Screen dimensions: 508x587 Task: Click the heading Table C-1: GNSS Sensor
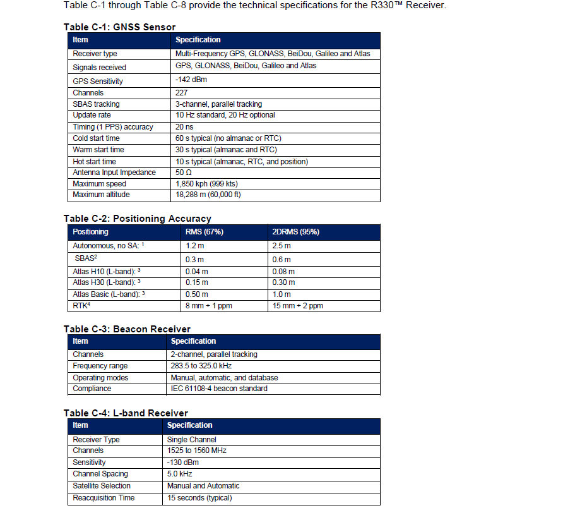[119, 27]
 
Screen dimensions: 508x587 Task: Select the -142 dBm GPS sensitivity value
[191, 80]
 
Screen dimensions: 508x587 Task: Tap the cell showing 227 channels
[182, 93]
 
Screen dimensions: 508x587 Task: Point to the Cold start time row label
[96, 138]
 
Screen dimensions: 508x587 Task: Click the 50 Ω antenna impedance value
[184, 172]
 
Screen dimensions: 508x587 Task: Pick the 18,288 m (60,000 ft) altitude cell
[208, 195]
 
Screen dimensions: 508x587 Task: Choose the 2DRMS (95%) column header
[295, 232]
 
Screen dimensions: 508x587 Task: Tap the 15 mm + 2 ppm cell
[297, 306]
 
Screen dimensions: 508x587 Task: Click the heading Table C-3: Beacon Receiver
[127, 329]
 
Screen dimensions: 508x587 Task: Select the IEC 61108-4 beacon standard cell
[219, 389]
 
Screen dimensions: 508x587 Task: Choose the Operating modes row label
[100, 378]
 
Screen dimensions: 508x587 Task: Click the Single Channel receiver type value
[191, 440]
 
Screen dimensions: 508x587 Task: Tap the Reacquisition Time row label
[104, 498]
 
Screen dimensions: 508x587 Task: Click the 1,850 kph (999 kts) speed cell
[206, 184]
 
